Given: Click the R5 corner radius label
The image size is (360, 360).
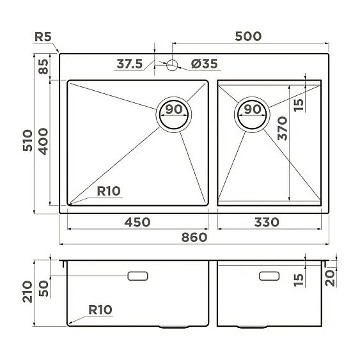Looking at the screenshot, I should point(43,36).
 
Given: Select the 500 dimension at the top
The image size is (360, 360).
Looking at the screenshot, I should point(248,36).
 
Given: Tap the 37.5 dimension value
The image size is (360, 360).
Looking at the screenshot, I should point(130,64).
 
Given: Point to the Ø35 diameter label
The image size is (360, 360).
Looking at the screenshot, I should point(205,64).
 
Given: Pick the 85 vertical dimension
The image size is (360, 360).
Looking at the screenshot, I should point(43,67).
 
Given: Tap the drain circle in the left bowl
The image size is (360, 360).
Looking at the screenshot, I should point(173,114).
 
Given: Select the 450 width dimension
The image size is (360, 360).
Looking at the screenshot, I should point(137,222).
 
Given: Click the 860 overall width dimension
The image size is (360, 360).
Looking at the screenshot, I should point(194,237).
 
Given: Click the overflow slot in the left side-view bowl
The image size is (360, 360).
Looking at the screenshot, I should point(138,276).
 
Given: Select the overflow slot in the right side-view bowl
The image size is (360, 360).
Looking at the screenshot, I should point(269,276).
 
